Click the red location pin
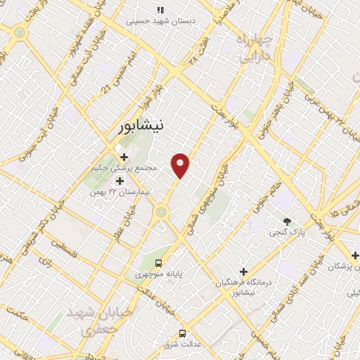click(181, 165)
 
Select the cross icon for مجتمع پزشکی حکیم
click(124, 156)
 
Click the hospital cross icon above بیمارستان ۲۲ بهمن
click(119, 180)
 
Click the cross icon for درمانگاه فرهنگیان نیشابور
click(243, 271)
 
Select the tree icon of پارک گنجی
click(286, 220)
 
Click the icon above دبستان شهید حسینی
click(160, 10)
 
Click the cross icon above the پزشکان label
click(355, 255)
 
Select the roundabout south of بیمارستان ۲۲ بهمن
click(162, 211)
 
